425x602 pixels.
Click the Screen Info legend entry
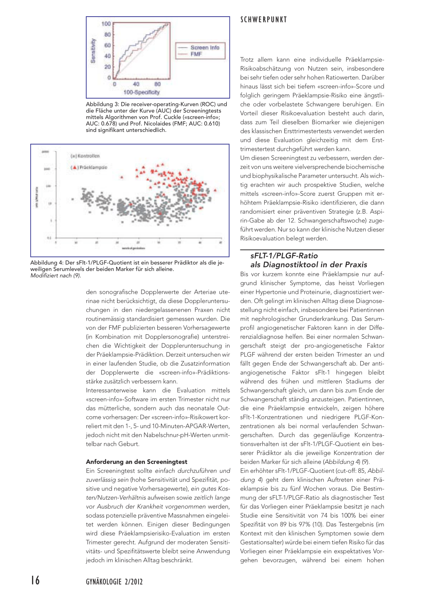205,47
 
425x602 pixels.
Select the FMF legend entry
196,54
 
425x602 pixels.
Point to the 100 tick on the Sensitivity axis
106,24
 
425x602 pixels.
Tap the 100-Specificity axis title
141,92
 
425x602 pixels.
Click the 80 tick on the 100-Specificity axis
158,84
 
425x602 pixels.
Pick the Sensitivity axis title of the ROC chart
93,51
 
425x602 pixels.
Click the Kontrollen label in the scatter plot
85,156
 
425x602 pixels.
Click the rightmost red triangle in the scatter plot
215,190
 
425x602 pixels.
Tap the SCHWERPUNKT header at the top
264,20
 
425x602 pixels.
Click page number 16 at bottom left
36,580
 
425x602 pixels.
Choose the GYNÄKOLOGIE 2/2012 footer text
114,582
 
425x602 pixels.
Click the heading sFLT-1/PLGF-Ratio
284,256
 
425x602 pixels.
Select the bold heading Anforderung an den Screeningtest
137,462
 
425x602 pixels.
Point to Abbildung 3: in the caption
102,104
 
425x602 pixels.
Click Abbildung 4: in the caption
46,263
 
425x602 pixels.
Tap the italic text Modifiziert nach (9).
56,276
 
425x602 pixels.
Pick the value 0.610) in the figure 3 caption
211,123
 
